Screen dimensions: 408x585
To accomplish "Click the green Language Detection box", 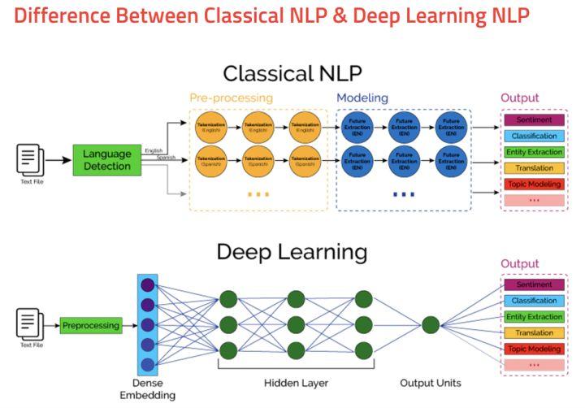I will (106, 160).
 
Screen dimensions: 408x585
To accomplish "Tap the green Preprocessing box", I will (90, 326).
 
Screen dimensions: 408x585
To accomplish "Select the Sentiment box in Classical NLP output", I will (533, 120).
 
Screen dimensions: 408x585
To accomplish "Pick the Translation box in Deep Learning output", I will (533, 333).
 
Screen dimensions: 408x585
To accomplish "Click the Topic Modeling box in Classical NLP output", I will (533, 184).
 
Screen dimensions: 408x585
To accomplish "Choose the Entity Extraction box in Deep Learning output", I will (533, 317).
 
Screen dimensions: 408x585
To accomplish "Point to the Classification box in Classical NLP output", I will (533, 137).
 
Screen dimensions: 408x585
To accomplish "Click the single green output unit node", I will (431, 325).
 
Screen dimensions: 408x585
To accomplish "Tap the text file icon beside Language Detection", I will (29, 158).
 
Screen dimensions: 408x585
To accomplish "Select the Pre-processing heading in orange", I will (232, 98).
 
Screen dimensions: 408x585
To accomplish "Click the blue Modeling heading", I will (362, 98).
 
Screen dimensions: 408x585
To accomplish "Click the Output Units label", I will (431, 383).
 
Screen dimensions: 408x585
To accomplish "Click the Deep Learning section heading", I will (292, 252).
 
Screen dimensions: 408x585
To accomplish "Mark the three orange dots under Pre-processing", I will (257, 195).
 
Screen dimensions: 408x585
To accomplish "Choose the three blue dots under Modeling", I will (403, 195).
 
